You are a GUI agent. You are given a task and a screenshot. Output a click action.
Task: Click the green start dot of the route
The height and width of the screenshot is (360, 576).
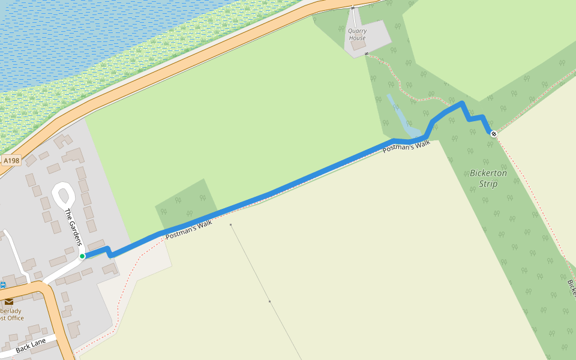click(82, 256)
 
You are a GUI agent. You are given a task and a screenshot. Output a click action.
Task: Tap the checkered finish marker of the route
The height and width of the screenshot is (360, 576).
click(493, 134)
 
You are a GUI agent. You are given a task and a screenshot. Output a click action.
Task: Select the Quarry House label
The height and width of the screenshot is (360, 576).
click(357, 34)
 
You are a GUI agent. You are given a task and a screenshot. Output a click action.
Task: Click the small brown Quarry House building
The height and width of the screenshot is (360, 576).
click(358, 45)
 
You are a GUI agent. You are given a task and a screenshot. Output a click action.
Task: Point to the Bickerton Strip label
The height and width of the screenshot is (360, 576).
click(488, 178)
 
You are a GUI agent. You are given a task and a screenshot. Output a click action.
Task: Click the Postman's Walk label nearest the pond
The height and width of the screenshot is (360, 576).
click(407, 146)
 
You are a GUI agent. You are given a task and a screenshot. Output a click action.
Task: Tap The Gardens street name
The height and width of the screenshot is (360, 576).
click(73, 227)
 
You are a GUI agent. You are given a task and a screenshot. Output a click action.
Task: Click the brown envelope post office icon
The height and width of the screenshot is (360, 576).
click(9, 301)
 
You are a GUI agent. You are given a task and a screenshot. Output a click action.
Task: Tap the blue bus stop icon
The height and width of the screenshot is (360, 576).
click(3, 285)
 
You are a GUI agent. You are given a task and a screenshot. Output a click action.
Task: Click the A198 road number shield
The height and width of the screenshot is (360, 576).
click(11, 161)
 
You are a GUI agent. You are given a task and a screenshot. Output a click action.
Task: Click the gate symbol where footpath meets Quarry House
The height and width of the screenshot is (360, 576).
click(366, 54)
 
